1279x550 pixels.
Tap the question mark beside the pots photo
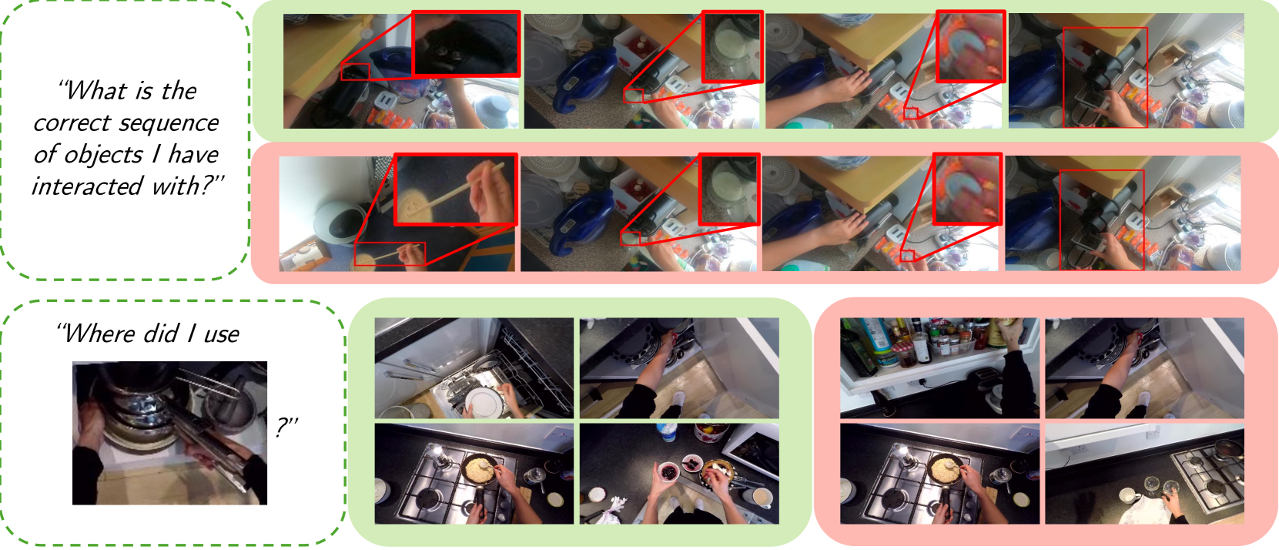pyautogui.click(x=286, y=427)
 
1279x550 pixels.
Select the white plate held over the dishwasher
pyautogui.click(x=485, y=403)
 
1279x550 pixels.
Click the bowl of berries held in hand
pyautogui.click(x=668, y=471)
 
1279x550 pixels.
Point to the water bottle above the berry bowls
pyautogui.click(x=666, y=432)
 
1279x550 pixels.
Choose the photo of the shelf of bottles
pyautogui.click(x=939, y=368)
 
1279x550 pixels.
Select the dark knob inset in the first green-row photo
pyautogui.click(x=466, y=44)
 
